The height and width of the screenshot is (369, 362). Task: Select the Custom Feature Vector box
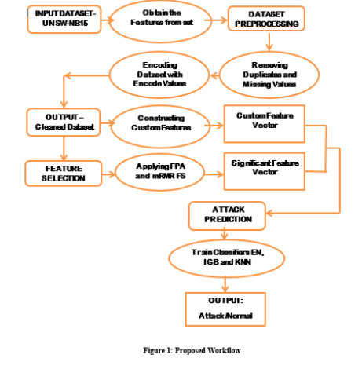pyautogui.click(x=265, y=122)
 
